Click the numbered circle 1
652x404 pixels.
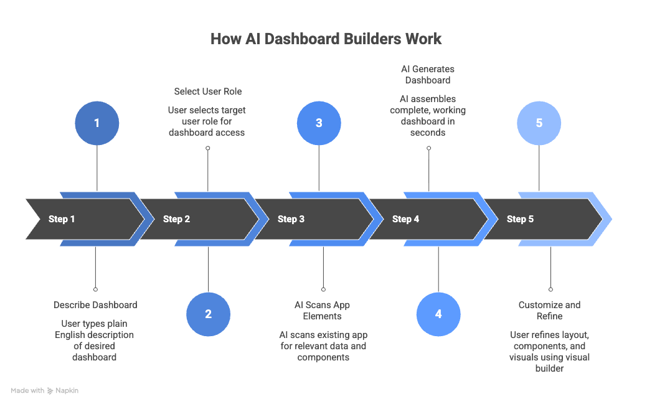[x=97, y=123]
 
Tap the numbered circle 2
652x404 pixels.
[x=208, y=314]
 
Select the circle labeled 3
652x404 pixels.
[x=319, y=123]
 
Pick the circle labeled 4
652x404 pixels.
[x=438, y=314]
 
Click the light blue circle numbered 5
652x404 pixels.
[x=539, y=123]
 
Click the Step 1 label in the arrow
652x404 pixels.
[x=62, y=219]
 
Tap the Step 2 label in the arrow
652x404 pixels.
[x=176, y=219]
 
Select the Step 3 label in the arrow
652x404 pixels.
[x=291, y=219]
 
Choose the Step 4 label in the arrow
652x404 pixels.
[x=405, y=219]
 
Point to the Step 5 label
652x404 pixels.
[x=520, y=219]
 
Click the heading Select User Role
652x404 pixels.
[x=207, y=92]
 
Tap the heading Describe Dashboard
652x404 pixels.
[x=95, y=305]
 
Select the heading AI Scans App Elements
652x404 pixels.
[x=322, y=310]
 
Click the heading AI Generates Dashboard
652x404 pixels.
[x=428, y=74]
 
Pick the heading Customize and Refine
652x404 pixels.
[x=549, y=310]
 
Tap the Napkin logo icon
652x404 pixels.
[x=50, y=391]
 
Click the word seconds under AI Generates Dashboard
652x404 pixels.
[x=428, y=133]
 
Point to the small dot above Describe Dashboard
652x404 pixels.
[x=95, y=289]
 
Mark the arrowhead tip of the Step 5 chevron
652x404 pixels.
[x=612, y=219]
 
